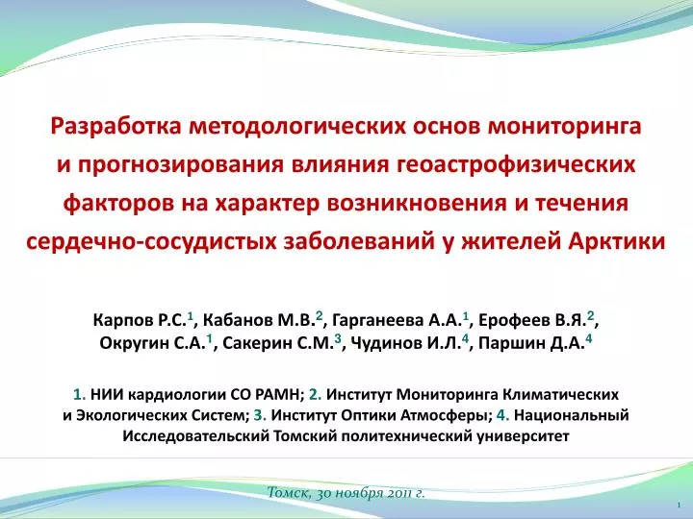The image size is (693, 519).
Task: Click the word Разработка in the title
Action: pyautogui.click(x=116, y=126)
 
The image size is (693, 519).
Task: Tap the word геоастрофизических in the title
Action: pyautogui.click(x=516, y=165)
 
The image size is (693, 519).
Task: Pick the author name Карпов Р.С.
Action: pyautogui.click(x=141, y=319)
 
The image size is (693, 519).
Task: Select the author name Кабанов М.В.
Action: pyautogui.click(x=259, y=319)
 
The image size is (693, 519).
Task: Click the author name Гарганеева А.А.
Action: pyautogui.click(x=396, y=319)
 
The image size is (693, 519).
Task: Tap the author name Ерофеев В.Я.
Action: pyautogui.click(x=532, y=319)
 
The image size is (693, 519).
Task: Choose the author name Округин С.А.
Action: pyautogui.click(x=152, y=343)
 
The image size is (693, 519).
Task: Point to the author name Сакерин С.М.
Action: pyautogui.click(x=277, y=343)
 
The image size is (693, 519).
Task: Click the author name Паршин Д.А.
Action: pyautogui.click(x=531, y=343)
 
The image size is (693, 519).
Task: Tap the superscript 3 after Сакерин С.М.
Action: pyautogui.click(x=338, y=339)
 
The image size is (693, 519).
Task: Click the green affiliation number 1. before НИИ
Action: pyautogui.click(x=80, y=394)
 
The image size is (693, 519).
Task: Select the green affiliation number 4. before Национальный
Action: pyautogui.click(x=503, y=415)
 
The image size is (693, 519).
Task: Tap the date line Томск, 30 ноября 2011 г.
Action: pyautogui.click(x=346, y=493)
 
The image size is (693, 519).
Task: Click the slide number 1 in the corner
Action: pyautogui.click(x=679, y=505)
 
